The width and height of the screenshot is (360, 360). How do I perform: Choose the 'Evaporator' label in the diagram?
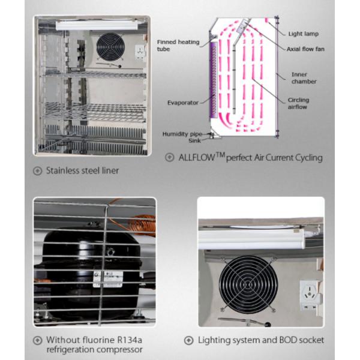tap(182, 103)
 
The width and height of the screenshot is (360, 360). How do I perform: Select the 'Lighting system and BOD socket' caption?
tap(261, 340)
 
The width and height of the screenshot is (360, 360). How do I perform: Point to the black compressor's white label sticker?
tap(108, 278)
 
